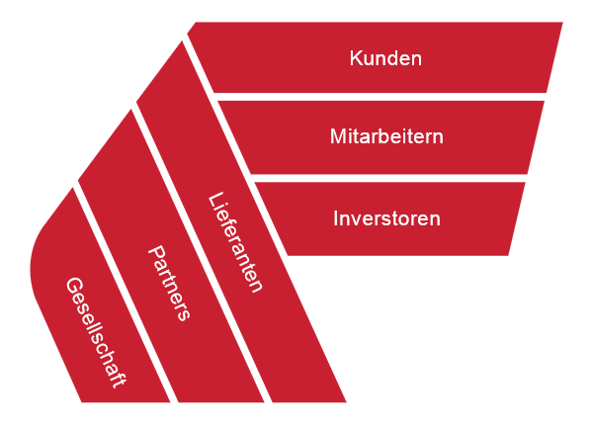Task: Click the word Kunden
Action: (385, 58)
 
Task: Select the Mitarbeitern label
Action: (386, 136)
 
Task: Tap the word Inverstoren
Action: (386, 218)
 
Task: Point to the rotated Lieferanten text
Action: (235, 242)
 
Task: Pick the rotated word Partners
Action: (169, 283)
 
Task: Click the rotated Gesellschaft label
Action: (96, 333)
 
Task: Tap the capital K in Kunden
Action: (356, 58)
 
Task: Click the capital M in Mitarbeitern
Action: (338, 136)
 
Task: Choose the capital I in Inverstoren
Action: (335, 218)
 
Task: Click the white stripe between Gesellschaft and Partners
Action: (125, 295)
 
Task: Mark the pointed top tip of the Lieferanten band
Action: (182, 42)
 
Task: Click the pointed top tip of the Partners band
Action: (130, 110)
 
